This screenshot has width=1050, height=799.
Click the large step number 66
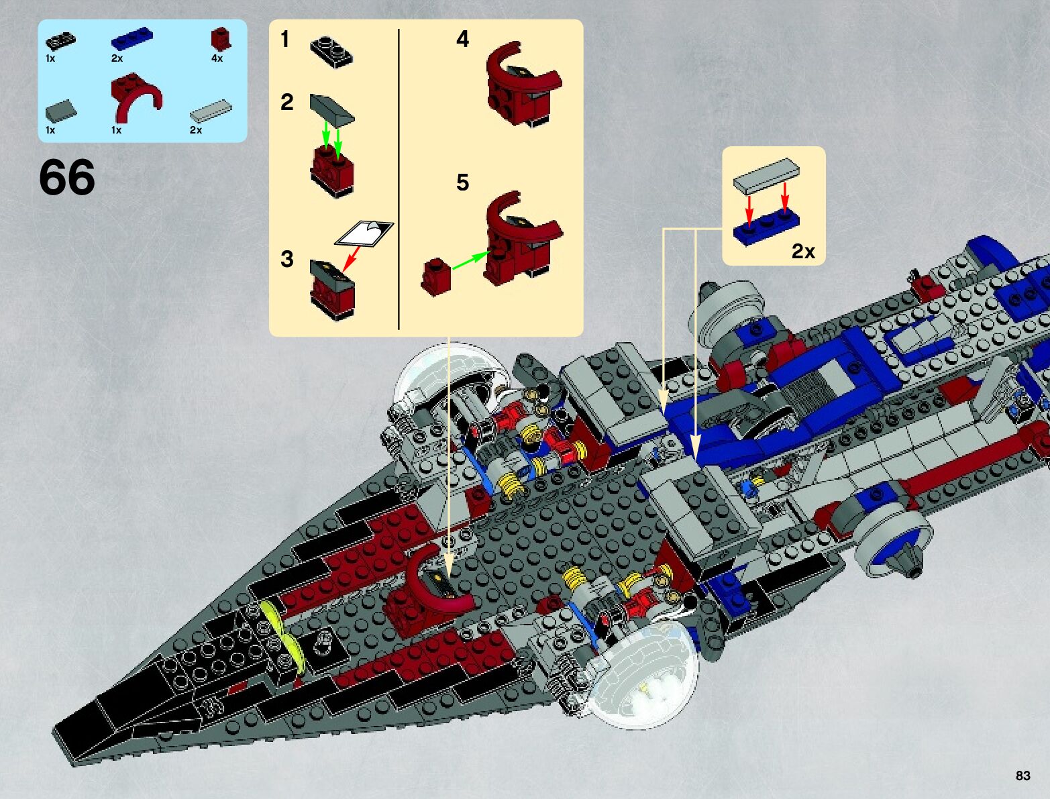67,178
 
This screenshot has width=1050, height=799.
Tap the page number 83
1022,776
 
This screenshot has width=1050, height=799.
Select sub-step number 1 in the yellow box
285,39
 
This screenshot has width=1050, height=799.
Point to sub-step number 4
462,39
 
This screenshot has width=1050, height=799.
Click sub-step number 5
462,182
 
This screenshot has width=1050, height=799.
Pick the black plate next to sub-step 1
331,52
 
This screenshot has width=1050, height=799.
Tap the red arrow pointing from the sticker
351,258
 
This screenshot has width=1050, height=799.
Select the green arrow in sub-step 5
470,261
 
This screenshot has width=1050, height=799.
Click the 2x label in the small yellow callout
803,251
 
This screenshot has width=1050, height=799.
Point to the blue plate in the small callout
766,227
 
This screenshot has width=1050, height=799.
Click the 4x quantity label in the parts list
217,58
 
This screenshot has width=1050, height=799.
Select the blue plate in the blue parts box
132,39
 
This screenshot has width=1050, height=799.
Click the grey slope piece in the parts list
61,110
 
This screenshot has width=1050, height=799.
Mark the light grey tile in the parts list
211,111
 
